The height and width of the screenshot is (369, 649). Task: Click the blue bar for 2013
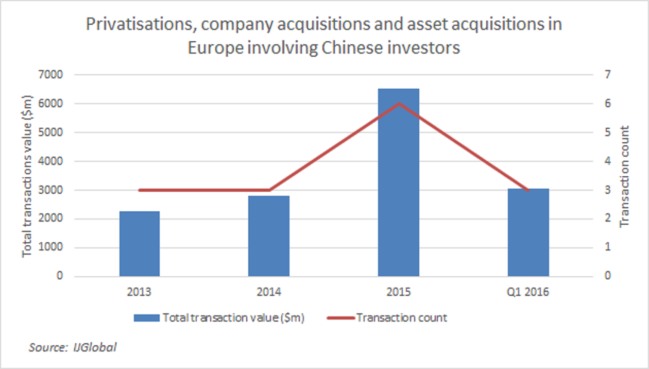[x=139, y=244]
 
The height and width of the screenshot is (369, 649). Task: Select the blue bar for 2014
[x=269, y=236]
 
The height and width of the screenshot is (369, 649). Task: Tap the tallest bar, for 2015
[x=399, y=182]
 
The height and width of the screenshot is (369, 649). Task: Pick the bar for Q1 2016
[x=528, y=232]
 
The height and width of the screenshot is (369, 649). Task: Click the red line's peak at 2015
[x=399, y=104]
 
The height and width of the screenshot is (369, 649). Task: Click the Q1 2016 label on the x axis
[x=528, y=292]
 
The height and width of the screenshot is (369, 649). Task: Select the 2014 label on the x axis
[x=269, y=292]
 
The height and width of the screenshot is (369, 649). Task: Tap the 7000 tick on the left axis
[x=52, y=75]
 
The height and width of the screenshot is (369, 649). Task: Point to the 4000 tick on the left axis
[x=52, y=161]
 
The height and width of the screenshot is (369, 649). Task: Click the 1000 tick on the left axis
[x=52, y=247]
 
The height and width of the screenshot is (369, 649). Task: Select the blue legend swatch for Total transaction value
[x=147, y=318]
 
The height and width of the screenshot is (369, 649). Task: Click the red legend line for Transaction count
[x=340, y=318]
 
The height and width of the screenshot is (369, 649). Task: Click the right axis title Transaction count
[x=624, y=176]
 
